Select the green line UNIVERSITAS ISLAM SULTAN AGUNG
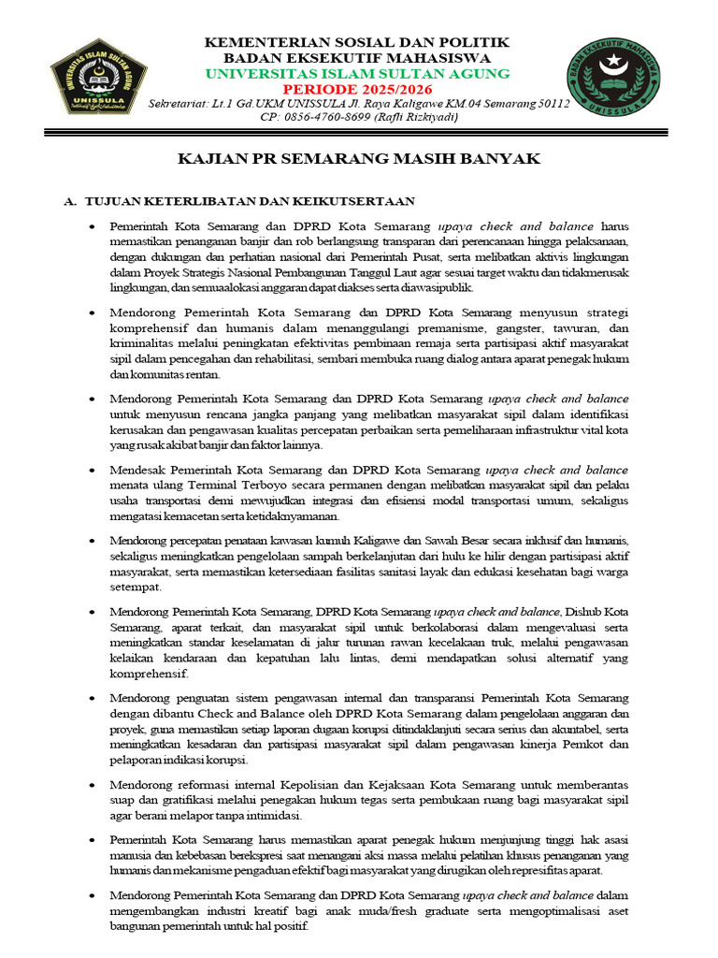[357, 73]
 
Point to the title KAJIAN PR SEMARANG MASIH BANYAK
[359, 159]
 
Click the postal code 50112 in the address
[552, 103]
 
